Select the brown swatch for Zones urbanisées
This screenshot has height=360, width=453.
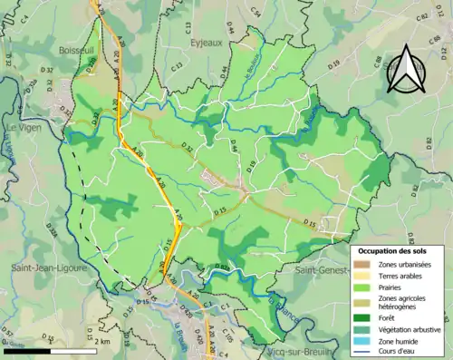[362, 262]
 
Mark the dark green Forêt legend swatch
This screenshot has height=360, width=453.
[362, 316]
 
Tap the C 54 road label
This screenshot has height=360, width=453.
[255, 12]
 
